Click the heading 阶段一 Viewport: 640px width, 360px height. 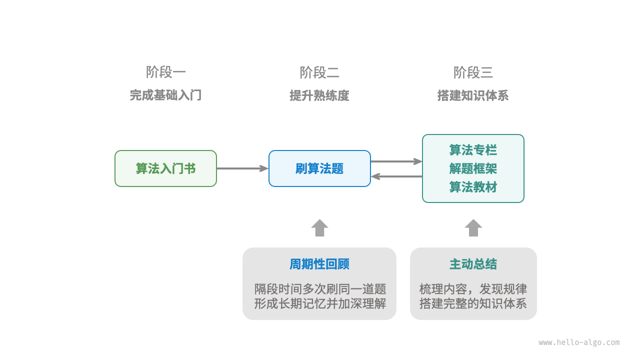(165, 72)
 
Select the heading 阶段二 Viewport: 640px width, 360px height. (319, 72)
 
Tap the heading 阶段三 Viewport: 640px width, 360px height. (473, 72)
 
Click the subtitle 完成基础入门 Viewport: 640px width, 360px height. (165, 95)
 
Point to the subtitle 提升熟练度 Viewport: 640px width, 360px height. (319, 95)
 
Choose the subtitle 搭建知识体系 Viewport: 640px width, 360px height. (473, 95)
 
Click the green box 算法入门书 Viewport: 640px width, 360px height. (165, 168)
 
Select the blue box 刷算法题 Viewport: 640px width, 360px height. (319, 168)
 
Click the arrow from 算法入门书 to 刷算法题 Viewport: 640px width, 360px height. (242, 168)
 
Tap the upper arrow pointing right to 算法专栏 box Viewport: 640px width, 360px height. (396, 161)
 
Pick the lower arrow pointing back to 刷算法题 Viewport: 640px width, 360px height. (396, 176)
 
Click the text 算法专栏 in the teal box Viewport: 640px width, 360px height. (473, 150)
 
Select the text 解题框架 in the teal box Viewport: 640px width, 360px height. (473, 168)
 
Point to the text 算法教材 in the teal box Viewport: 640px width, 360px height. (473, 187)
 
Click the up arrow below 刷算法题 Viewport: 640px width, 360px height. (319, 227)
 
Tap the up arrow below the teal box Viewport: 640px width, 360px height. (473, 227)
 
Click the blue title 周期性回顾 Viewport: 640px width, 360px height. (319, 264)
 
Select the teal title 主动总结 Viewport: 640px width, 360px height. (473, 264)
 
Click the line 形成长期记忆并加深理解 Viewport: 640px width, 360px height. (319, 303)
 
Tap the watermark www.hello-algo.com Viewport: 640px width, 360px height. (579, 342)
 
